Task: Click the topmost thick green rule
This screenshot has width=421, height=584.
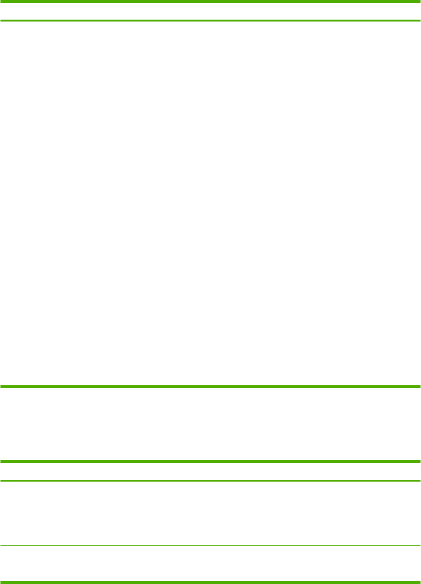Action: click(x=210, y=1)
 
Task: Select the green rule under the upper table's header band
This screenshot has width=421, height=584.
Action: click(x=210, y=21)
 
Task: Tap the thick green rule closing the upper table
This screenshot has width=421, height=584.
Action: click(x=210, y=387)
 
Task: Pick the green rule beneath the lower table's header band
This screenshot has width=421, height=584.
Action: click(x=210, y=481)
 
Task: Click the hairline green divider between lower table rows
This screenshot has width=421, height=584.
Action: click(x=210, y=545)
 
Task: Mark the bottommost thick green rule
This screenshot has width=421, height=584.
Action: click(x=210, y=582)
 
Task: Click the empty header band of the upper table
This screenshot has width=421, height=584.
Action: click(x=210, y=11)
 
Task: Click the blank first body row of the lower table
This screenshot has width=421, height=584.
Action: click(x=210, y=513)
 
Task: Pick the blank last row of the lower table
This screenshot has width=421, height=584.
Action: click(x=210, y=563)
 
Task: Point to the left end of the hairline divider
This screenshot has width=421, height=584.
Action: click(x=2, y=545)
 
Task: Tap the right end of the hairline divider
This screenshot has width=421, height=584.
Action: click(x=419, y=545)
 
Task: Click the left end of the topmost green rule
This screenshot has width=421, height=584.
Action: click(x=2, y=1)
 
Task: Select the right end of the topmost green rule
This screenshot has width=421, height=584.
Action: click(x=419, y=1)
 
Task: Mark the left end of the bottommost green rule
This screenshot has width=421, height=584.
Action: click(x=2, y=582)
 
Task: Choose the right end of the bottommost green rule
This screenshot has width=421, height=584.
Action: click(x=419, y=582)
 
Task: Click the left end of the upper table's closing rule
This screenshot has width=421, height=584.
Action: click(x=2, y=387)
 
